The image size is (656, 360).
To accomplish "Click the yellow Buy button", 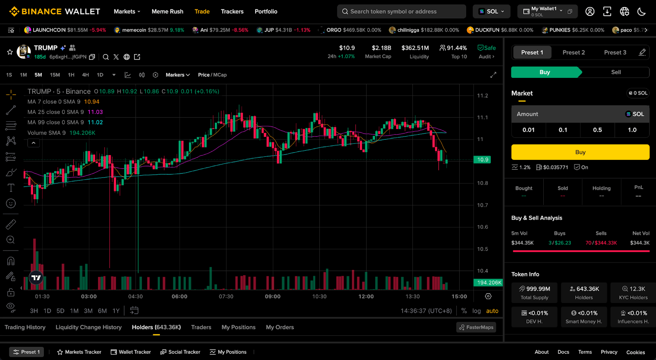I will pos(580,152).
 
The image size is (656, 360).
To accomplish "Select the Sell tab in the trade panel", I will pos(616,72).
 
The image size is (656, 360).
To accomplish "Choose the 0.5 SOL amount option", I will pos(597,130).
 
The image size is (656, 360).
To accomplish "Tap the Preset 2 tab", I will pos(574,52).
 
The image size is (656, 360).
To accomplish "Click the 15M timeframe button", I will pos(55,75).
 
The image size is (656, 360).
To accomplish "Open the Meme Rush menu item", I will pos(167,11).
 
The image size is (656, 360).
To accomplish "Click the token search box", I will pos(401,11).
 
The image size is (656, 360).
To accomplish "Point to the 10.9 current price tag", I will pos(483,159).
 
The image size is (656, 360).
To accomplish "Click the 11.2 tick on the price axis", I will pos(483,96).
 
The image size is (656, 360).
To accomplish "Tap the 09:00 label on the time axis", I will pos(273,296).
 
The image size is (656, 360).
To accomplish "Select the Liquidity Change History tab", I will pos(89,327).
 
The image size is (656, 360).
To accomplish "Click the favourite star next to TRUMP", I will pos(10,52).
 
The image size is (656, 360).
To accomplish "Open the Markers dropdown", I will pos(178,75).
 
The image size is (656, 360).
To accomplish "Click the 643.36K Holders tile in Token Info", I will pos(584,293).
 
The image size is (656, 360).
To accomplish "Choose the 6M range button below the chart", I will pos(102,311).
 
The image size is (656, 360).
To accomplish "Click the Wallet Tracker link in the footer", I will pos(131,352).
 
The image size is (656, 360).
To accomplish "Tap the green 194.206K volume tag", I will pos(488,283).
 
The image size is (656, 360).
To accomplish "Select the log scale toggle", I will pos(476,311).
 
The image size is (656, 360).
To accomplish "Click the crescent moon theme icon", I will pos(642,11).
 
